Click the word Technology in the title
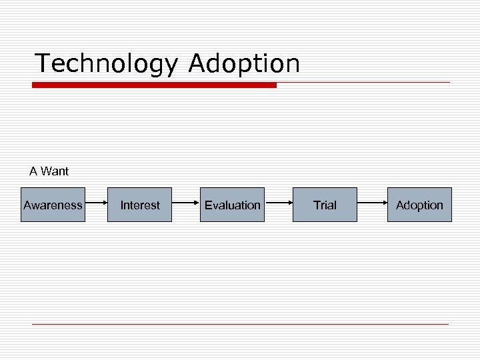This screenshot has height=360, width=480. click(x=107, y=64)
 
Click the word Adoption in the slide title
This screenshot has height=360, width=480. click(x=244, y=64)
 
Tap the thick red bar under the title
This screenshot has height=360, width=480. click(x=154, y=85)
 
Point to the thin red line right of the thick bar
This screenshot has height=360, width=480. click(x=363, y=83)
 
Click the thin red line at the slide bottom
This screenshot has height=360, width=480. click(x=240, y=324)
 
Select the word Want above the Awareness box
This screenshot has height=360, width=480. click(x=54, y=171)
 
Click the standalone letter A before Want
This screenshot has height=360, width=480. click(x=33, y=171)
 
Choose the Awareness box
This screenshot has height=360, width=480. click(x=53, y=205)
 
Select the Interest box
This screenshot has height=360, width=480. click(x=140, y=205)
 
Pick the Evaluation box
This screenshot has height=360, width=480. click(x=232, y=205)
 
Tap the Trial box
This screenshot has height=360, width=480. click(x=325, y=205)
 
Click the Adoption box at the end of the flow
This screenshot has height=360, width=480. click(x=419, y=205)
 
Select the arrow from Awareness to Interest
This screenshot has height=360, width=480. click(x=96, y=205)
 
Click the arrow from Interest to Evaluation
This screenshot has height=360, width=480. click(x=185, y=205)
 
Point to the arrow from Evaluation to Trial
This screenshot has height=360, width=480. click(x=278, y=205)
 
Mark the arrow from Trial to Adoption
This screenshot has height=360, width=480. click(x=371, y=205)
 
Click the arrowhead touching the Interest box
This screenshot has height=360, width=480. click(x=105, y=205)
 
